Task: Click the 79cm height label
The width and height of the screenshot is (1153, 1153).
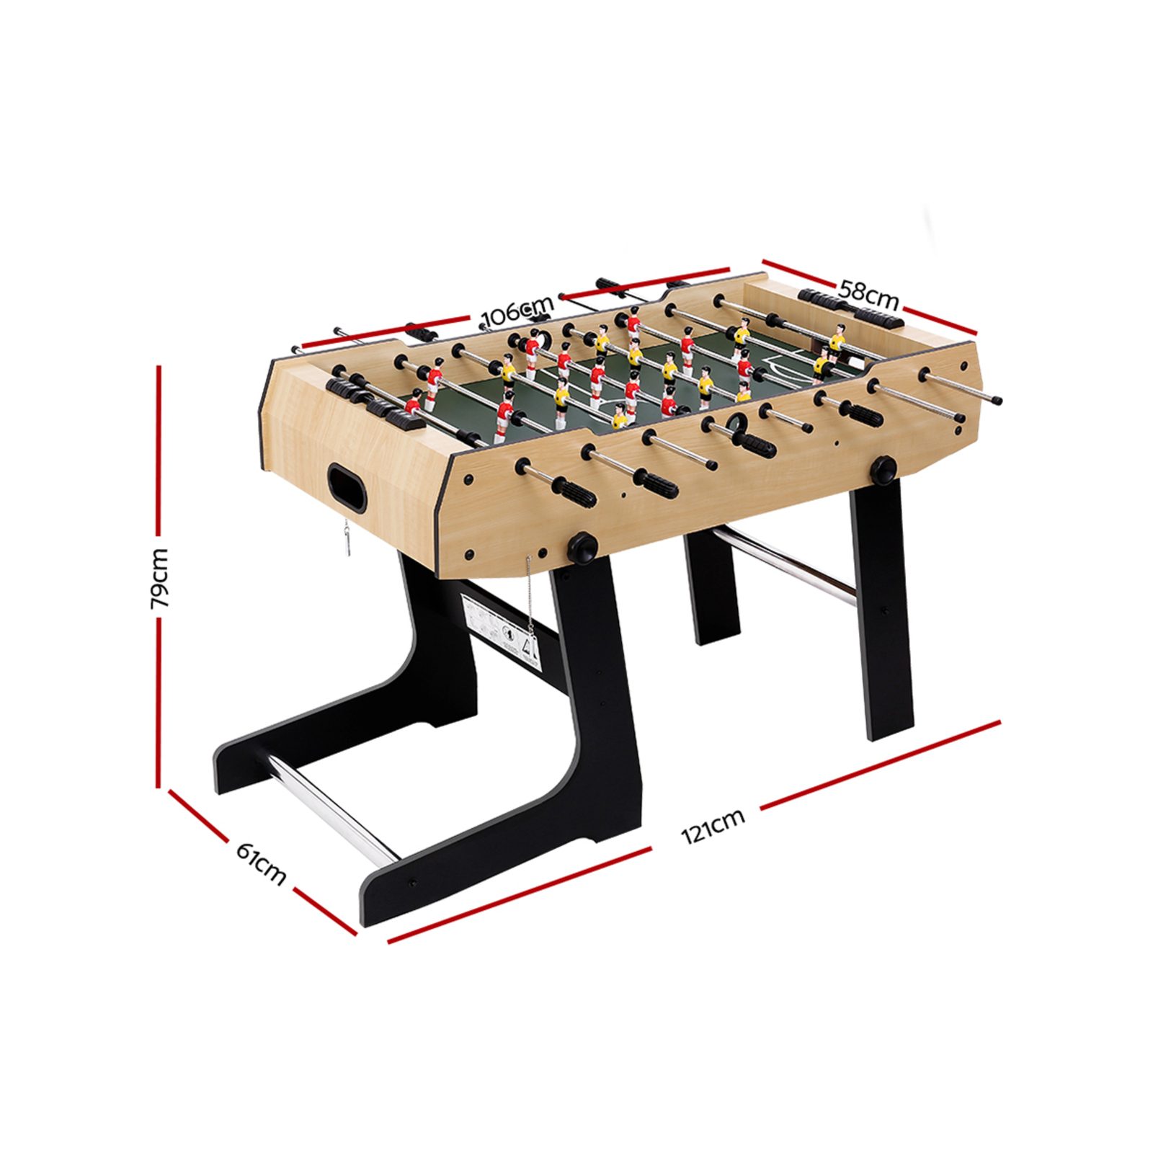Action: tap(160, 577)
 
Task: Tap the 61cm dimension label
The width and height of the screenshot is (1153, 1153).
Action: tap(261, 863)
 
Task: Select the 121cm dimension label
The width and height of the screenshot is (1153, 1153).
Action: tap(713, 826)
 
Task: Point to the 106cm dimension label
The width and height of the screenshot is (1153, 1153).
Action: tap(517, 312)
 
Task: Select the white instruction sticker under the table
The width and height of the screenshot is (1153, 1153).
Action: tap(501, 624)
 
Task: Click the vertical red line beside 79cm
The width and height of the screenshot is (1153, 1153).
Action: tap(159, 468)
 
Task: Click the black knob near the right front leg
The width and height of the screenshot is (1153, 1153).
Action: tap(883, 469)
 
